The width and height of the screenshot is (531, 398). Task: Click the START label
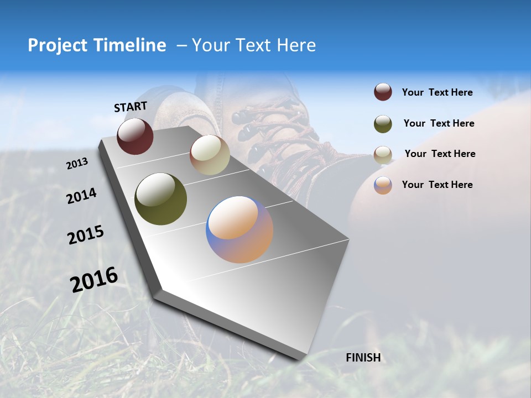coord(131,107)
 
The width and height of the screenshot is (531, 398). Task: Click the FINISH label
coord(363,358)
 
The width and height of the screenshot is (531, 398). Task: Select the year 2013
coord(77,164)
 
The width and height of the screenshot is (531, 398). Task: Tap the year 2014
coord(81,196)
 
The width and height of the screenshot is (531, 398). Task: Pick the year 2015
coord(85,235)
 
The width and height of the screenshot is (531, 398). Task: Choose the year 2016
coord(93,280)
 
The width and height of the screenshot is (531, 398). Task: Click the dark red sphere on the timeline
coord(135,136)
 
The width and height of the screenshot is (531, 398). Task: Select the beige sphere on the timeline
coord(210,155)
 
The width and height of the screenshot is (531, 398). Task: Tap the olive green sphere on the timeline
coord(160,199)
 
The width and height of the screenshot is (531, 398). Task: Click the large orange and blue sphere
coord(240,229)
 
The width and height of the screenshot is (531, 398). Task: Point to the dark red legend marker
coord(383,92)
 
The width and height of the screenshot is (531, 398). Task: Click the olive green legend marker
coord(383,124)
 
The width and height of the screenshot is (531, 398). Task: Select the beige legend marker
coord(383,154)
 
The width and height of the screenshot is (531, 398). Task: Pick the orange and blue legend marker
coord(383,185)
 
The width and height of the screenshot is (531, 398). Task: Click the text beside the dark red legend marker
coord(437,93)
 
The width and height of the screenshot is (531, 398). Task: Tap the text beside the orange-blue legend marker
coord(437,185)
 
